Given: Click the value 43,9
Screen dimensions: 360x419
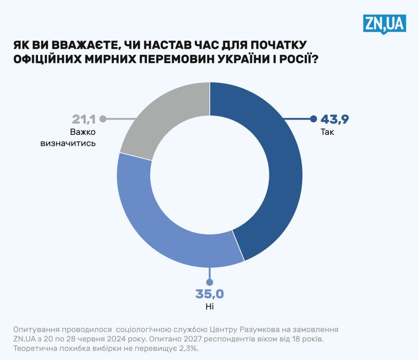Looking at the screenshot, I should coord(336,119).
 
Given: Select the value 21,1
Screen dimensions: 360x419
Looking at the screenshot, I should coord(84,119).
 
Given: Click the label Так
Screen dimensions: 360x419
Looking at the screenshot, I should coord(327,133).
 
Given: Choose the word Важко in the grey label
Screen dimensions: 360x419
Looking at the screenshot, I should coord(84,132).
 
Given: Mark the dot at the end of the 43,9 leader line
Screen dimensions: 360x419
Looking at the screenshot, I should coord(313,119).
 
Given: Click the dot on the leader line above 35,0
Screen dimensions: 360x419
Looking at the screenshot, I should coord(209,281).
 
